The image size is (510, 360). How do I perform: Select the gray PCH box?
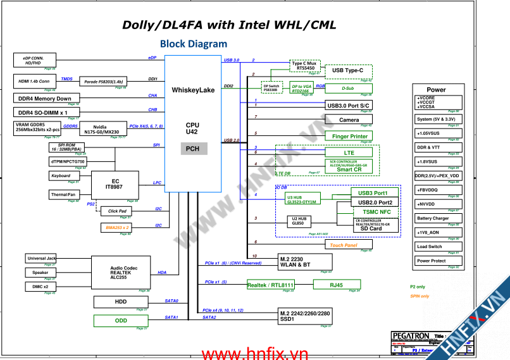(x=193, y=149)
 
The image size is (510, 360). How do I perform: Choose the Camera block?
(x=349, y=120)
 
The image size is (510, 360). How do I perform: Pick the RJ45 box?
(x=336, y=285)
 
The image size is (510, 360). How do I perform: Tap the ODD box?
(x=121, y=321)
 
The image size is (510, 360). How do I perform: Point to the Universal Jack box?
(x=42, y=258)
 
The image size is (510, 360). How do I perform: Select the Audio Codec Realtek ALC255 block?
(x=120, y=272)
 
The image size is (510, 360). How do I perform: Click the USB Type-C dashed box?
(x=348, y=70)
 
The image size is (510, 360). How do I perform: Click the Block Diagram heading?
(x=193, y=44)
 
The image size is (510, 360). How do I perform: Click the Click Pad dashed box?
(x=117, y=211)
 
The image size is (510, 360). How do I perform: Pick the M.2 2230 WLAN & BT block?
(x=305, y=261)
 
